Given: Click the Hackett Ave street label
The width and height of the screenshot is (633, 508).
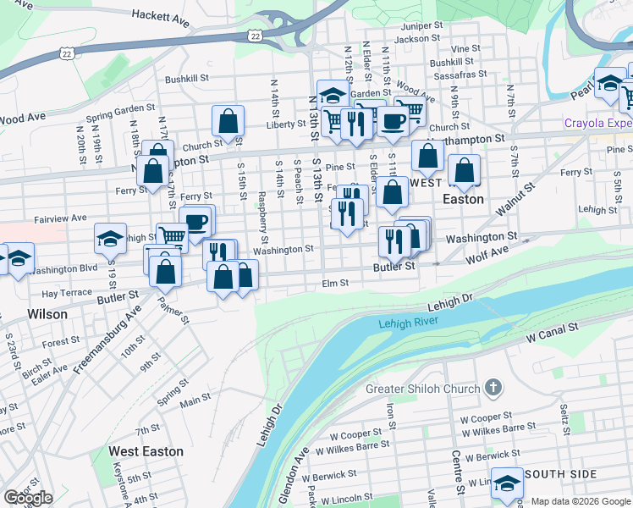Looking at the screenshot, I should click(160, 16).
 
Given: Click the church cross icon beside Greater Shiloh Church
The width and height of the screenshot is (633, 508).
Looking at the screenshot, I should click(494, 389).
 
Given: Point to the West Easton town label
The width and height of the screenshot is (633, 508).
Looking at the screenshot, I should click(146, 451).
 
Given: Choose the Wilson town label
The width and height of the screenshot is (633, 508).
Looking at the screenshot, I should click(47, 313).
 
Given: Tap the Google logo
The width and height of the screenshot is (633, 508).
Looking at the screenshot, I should click(28, 498).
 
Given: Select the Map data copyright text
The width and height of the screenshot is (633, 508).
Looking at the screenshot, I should click(581, 501).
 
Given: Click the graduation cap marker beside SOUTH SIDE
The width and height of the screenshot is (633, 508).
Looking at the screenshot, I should click(507, 485).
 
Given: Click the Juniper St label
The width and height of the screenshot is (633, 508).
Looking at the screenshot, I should click(423, 27).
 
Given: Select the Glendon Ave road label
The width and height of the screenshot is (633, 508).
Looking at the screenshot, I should click(300, 468).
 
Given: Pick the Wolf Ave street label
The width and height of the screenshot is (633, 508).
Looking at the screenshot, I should click(488, 251).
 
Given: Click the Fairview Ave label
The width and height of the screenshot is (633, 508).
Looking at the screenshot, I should click(60, 218).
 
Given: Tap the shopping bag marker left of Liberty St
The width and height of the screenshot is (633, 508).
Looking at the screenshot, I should click(228, 122).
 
